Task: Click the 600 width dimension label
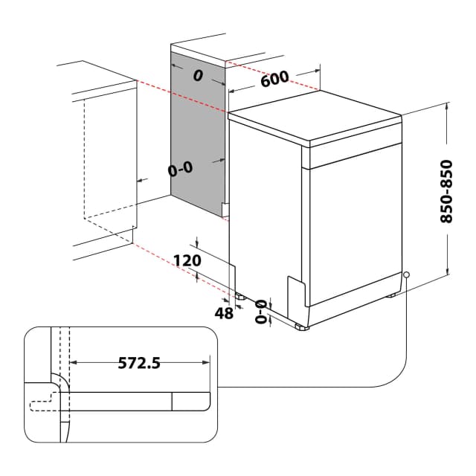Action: (274, 80)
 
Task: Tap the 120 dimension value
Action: (187, 260)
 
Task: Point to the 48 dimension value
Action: (223, 313)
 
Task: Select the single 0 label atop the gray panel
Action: (198, 75)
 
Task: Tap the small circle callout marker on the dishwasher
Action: (407, 275)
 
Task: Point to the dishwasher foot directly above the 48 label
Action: (240, 295)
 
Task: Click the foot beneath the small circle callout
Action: (391, 296)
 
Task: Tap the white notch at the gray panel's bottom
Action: (225, 210)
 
